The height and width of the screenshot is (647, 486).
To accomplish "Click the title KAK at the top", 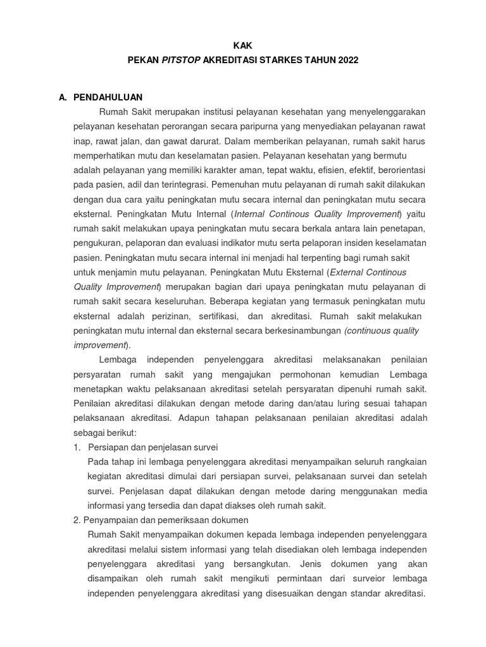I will click(243, 46).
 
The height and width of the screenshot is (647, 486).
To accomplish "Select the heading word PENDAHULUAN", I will click(108, 97).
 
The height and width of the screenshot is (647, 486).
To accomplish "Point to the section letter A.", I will click(63, 97).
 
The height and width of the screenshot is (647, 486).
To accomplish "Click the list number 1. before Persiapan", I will click(77, 447).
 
